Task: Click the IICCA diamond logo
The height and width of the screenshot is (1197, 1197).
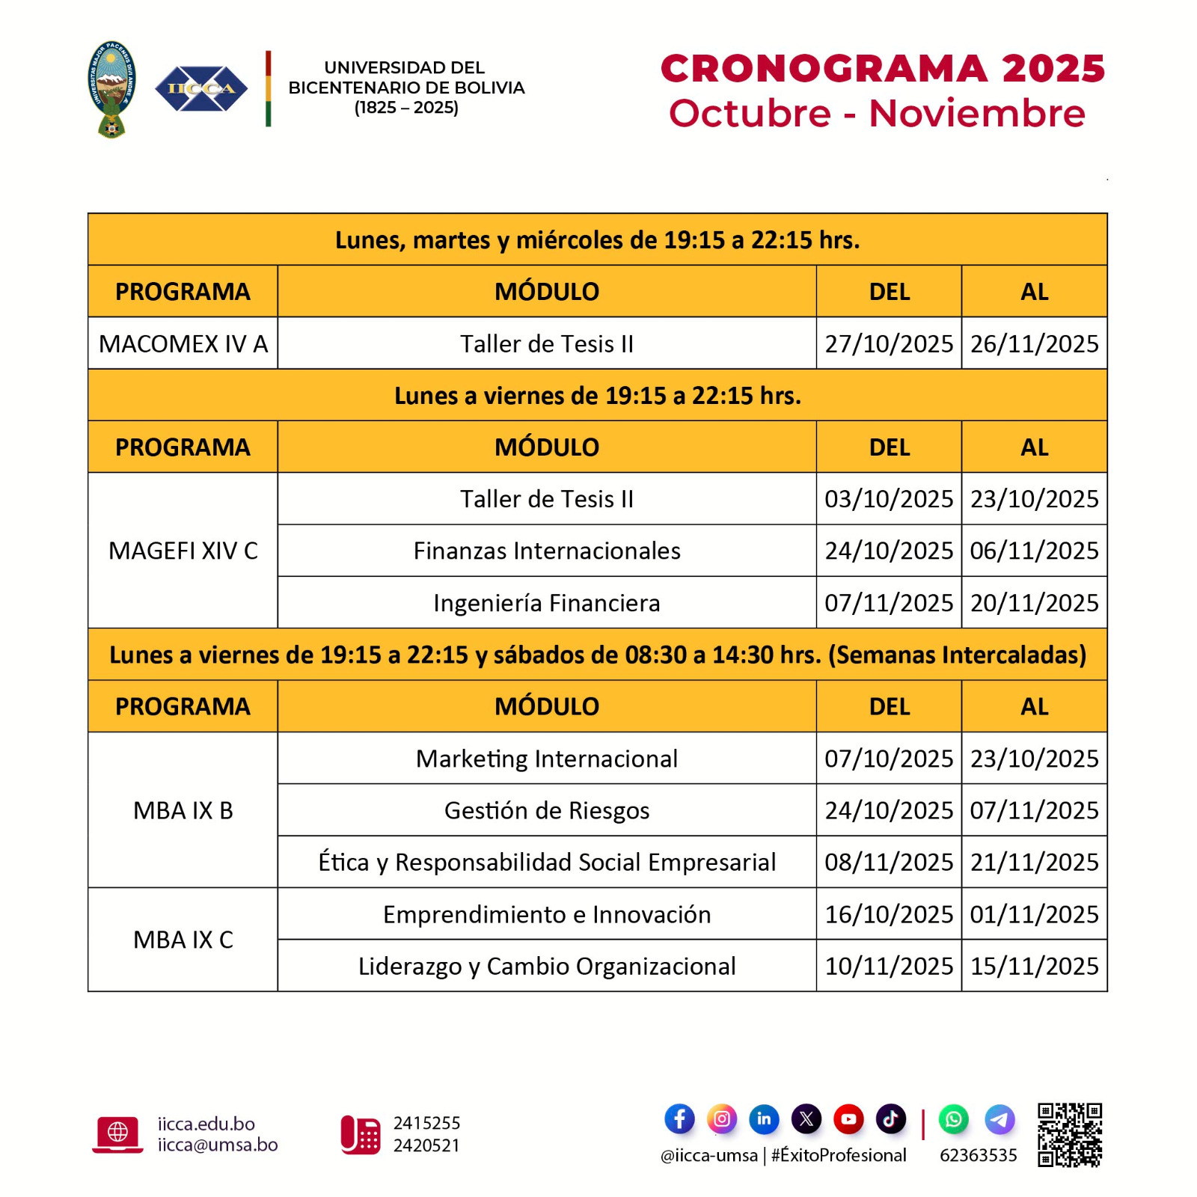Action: pos(200,89)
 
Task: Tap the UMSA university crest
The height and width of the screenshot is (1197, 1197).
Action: pos(111,89)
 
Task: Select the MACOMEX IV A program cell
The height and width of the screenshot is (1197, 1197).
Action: pos(183,343)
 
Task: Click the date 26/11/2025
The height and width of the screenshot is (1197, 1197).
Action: pos(1034,343)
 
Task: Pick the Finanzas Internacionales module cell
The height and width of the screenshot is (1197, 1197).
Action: pos(547,551)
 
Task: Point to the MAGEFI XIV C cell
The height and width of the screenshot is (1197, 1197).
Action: pos(183,551)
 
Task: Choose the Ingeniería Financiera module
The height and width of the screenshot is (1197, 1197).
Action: pos(547,603)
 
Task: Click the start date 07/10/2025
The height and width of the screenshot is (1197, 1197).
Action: pos(889,759)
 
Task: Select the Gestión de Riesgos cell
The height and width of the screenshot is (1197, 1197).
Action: pos(547,810)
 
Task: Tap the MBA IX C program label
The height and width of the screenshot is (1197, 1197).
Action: pos(183,940)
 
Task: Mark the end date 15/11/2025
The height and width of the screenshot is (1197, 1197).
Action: pos(1034,966)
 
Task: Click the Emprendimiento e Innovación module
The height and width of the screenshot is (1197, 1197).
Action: pos(547,914)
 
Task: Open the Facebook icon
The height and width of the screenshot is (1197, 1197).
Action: pos(679,1119)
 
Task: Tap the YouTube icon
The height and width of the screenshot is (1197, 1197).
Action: pos(848,1119)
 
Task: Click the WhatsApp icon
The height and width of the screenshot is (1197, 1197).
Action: pos(953,1119)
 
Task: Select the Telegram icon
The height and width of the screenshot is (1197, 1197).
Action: pos(999,1119)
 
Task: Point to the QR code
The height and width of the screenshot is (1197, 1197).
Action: pos(1070,1134)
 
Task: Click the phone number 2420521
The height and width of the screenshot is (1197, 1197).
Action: pos(426,1145)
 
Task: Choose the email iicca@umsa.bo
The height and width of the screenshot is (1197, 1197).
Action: pos(218,1145)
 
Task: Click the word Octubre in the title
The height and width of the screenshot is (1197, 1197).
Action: pos(750,114)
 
